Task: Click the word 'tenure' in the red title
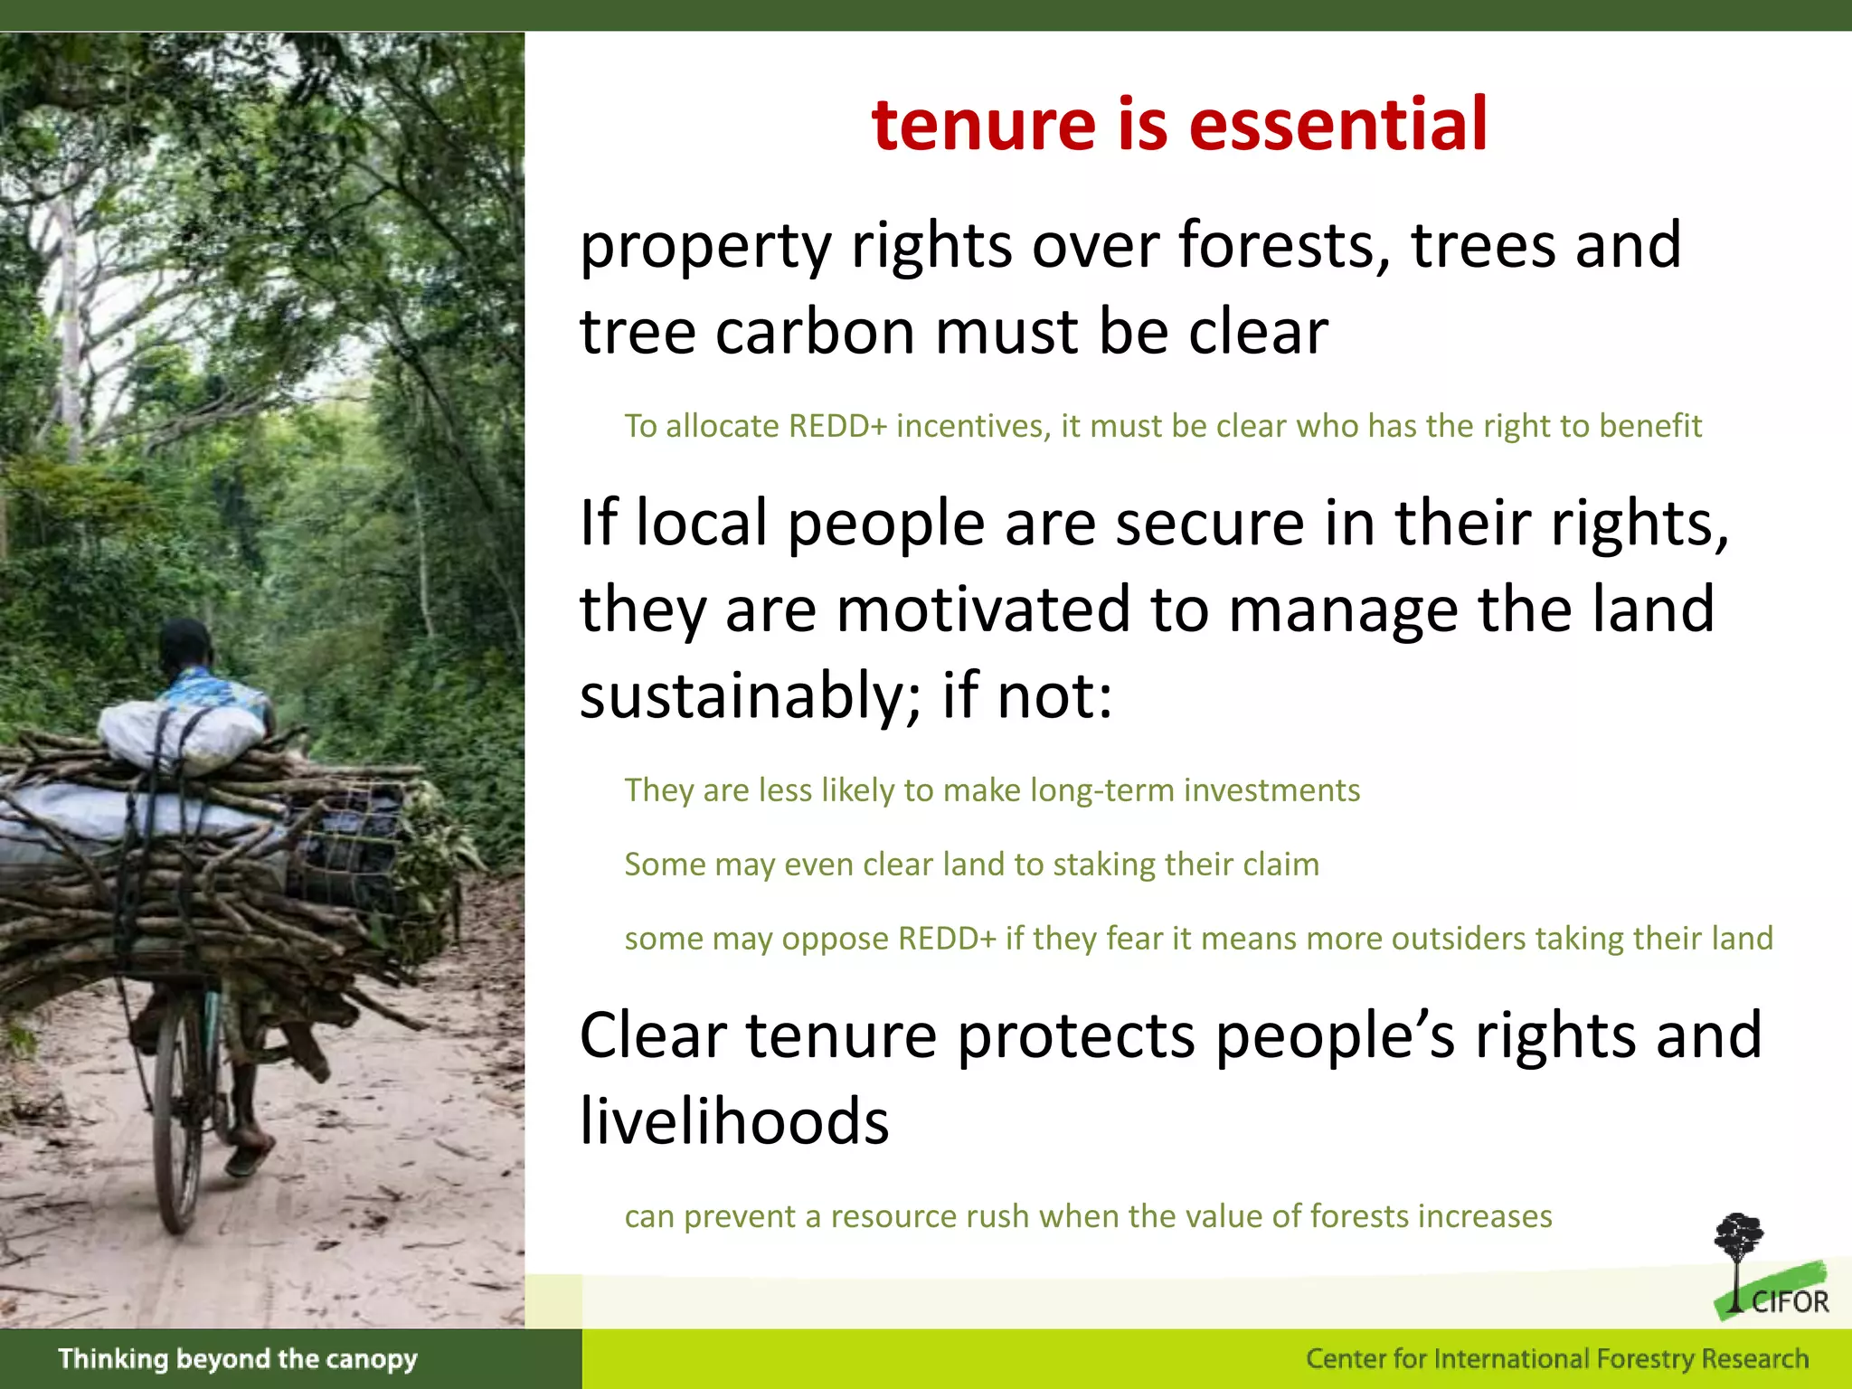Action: tap(984, 124)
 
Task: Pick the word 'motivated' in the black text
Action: tap(983, 609)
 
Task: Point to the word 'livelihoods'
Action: tap(734, 1122)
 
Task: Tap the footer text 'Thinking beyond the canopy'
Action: tap(238, 1358)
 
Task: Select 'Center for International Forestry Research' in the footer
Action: tap(1556, 1358)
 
